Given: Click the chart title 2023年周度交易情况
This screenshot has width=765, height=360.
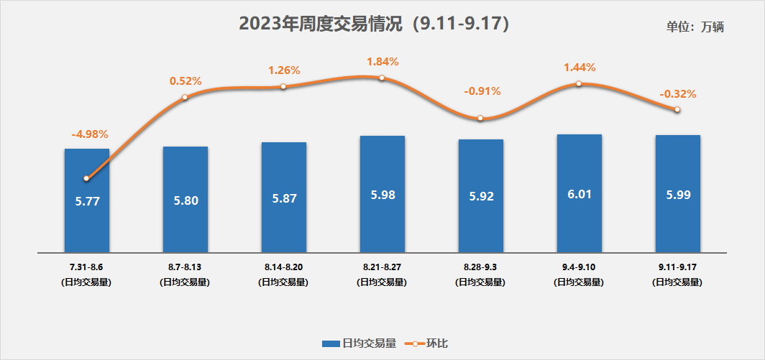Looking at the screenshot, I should click(x=374, y=23).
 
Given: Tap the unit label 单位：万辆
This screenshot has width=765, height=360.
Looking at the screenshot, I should click(x=695, y=27).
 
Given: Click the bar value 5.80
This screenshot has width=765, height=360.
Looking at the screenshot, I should click(x=185, y=201).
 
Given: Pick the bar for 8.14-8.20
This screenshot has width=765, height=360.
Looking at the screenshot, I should click(x=284, y=216).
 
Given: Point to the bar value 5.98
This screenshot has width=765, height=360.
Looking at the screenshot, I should click(x=382, y=195).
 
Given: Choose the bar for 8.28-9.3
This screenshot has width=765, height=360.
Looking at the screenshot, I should click(x=481, y=216).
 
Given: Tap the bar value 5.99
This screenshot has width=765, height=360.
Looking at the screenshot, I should click(x=678, y=195).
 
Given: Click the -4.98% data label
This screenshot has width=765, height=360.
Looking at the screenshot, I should click(x=90, y=134).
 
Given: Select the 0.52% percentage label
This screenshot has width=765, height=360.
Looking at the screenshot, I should click(x=185, y=81).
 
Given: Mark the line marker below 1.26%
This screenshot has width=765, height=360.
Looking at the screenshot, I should click(x=283, y=86).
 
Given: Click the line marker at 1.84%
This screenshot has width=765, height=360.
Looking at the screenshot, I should click(x=382, y=77).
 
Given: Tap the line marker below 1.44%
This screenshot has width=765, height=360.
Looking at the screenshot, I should click(x=579, y=83).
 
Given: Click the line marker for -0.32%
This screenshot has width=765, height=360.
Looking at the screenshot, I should click(x=677, y=109).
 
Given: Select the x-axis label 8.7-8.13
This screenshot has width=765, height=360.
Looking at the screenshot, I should click(x=185, y=267).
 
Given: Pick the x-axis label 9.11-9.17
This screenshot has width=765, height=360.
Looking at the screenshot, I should click(x=678, y=267).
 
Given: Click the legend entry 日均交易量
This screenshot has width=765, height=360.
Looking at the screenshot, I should click(x=359, y=343).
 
